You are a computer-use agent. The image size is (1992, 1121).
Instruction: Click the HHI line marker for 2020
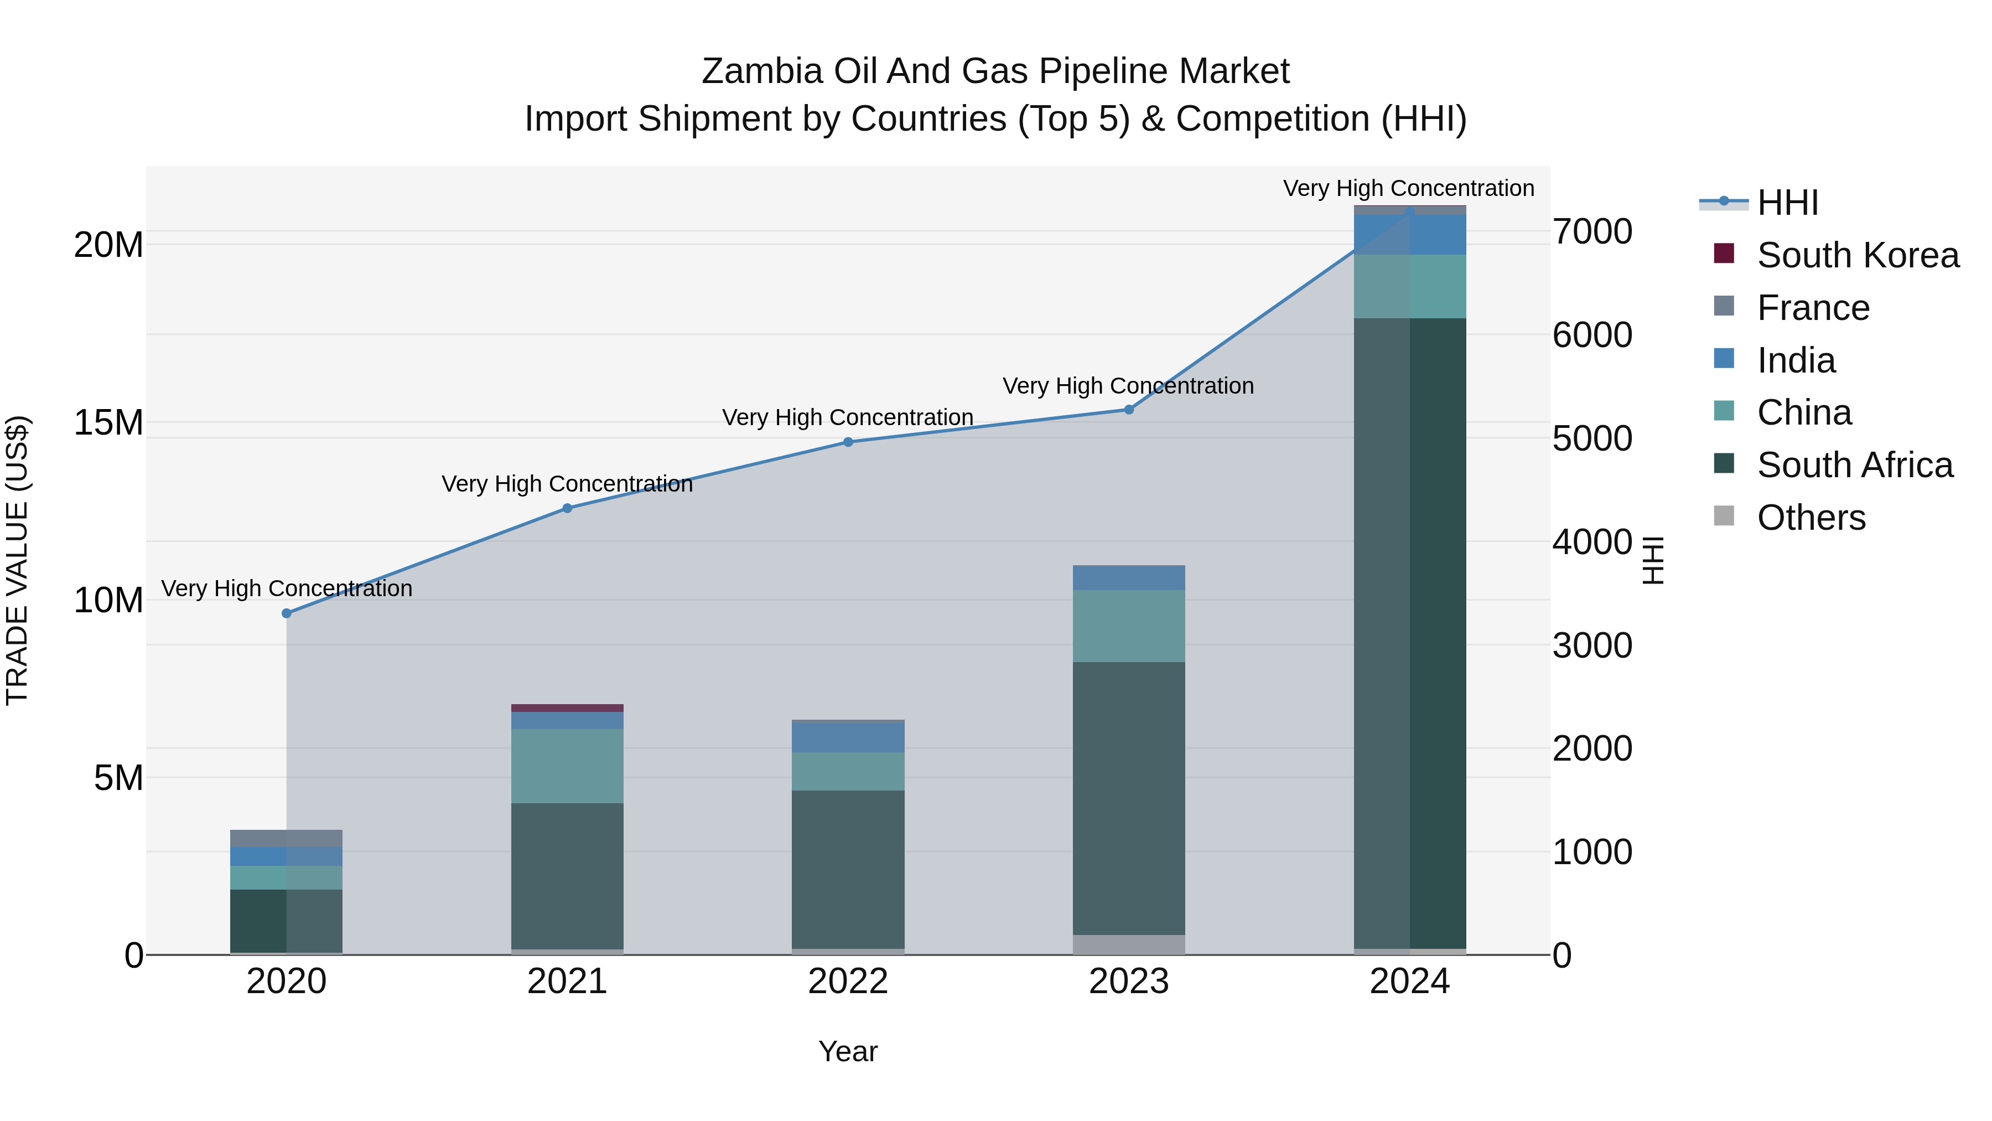286,613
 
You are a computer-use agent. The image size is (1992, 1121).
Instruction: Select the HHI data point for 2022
848,442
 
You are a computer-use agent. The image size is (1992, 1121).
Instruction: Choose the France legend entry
1813,308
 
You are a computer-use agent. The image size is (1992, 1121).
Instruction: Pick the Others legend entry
1811,518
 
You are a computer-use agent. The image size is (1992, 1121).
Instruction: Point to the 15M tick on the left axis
108,423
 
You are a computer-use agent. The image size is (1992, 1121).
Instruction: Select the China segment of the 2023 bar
1128,626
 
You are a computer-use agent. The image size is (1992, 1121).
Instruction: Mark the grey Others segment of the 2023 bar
1128,944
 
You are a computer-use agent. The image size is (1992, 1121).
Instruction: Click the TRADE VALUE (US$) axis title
17,560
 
